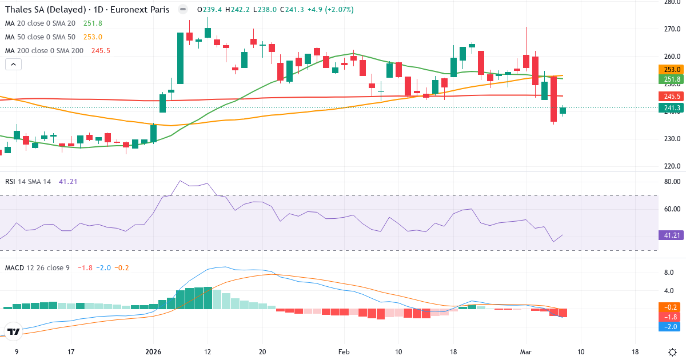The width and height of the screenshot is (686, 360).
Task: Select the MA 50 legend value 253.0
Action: click(93, 37)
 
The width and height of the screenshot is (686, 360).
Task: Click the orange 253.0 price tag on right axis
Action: click(672, 69)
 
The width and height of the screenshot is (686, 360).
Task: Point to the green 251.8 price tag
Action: click(672, 79)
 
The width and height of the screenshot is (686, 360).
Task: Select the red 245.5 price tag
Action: click(672, 97)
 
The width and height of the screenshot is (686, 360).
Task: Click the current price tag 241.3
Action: click(672, 108)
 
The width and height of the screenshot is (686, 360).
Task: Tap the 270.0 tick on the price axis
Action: click(671, 29)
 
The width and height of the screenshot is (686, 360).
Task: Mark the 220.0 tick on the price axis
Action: click(671, 166)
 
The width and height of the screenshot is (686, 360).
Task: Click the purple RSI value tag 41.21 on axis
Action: click(672, 235)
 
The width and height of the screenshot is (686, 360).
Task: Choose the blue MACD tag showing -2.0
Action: click(672, 326)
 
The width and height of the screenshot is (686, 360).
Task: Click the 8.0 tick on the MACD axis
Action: click(668, 273)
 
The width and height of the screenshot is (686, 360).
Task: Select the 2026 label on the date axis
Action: click(154, 352)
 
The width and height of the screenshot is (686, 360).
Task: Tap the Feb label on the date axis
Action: click(344, 352)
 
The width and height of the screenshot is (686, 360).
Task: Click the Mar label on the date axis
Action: click(527, 352)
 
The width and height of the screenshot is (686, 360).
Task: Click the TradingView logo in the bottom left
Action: click(14, 331)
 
